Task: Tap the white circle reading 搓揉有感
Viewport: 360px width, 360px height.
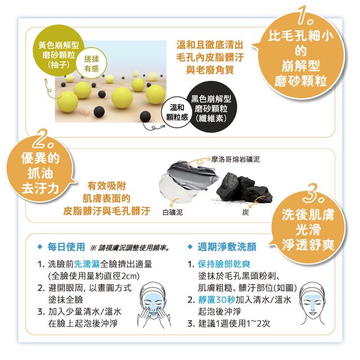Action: (91, 64)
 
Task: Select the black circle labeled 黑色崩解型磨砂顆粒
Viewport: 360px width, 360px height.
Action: (211, 109)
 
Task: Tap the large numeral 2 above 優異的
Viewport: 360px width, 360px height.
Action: (43, 139)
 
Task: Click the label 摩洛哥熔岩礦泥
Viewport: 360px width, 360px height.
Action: (235, 159)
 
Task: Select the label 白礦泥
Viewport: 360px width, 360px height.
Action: (173, 212)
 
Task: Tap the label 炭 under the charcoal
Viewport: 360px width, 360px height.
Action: (245, 212)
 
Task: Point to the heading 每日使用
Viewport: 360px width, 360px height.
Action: (66, 247)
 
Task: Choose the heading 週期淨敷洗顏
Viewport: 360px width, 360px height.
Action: (227, 247)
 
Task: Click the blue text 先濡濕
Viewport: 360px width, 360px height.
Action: (87, 264)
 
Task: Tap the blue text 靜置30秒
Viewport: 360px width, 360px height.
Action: (217, 299)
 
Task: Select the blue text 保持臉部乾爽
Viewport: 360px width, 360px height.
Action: (224, 264)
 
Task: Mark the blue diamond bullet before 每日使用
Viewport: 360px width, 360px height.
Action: (40, 247)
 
